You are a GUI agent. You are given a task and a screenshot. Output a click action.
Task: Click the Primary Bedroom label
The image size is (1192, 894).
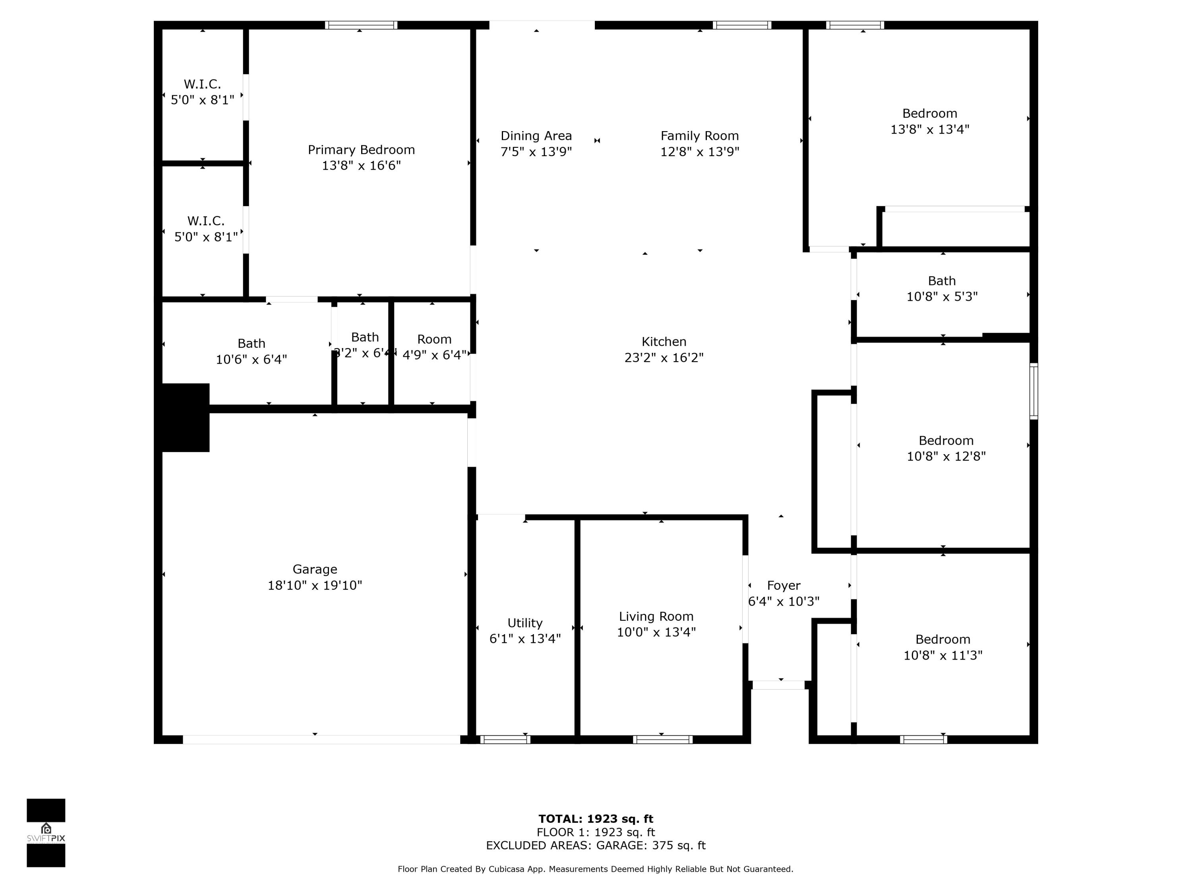[361, 150]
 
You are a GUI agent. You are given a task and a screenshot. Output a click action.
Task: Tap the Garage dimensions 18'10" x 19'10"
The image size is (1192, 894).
[315, 585]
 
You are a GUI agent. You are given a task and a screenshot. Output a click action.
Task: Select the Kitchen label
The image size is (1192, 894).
[664, 342]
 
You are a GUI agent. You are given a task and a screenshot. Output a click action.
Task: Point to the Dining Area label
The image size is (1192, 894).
[536, 136]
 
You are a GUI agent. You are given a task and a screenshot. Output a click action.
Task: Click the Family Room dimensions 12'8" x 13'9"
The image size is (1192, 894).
[699, 152]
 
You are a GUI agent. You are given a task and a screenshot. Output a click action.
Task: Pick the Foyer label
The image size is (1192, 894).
[784, 585]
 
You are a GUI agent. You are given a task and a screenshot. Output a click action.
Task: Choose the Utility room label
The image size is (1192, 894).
[524, 623]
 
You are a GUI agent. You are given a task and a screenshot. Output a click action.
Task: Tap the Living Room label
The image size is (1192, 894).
[656, 617]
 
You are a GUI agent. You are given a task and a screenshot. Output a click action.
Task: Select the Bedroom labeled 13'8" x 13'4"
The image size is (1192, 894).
[930, 121]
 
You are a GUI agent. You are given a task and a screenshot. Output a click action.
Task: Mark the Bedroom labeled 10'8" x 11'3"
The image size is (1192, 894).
[942, 647]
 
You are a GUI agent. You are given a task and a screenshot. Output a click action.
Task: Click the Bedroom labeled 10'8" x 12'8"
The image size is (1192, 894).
[946, 448]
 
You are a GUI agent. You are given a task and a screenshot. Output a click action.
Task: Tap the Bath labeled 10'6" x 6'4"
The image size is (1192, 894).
[251, 351]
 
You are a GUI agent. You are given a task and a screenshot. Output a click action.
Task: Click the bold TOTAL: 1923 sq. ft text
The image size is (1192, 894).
[596, 819]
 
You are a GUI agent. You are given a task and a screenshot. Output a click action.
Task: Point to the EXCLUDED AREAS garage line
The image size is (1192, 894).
[596, 846]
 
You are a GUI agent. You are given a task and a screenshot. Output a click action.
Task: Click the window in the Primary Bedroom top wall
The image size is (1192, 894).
[361, 25]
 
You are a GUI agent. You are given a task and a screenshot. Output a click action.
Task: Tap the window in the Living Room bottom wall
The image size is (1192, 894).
[662, 739]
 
